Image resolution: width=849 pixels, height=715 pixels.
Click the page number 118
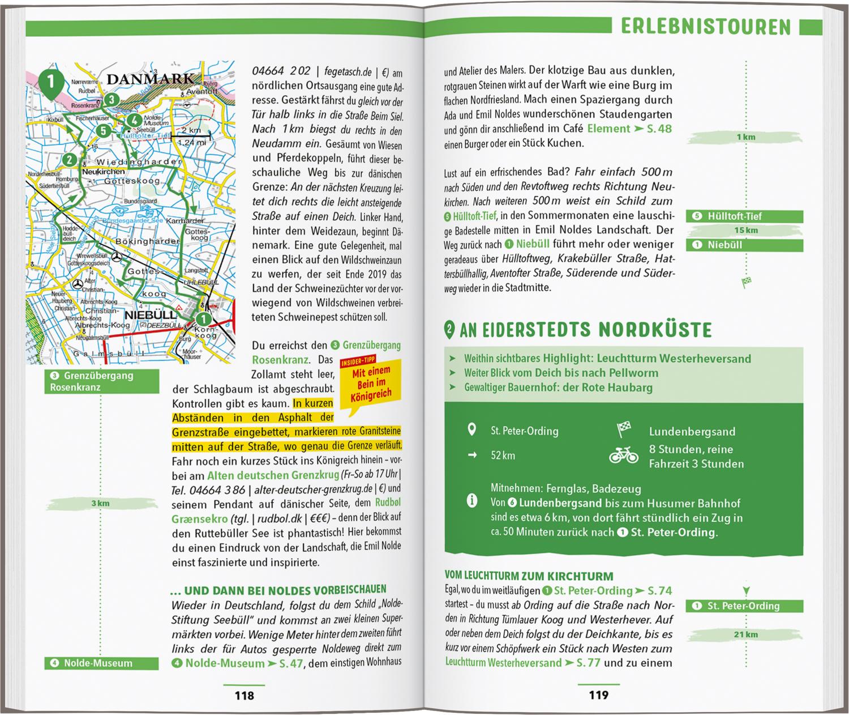point(245,695)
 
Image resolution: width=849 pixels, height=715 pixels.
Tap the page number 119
point(598,695)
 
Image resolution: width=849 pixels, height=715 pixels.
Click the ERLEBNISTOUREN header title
point(705,27)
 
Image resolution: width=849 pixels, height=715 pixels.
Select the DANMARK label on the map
point(150,79)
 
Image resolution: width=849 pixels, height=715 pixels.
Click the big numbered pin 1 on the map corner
point(50,83)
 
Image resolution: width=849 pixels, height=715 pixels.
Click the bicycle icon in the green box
point(623,456)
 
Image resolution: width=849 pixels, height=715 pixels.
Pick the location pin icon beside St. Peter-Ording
point(471,430)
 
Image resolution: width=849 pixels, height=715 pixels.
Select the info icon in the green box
point(471,501)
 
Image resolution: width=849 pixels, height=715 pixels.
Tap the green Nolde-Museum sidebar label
point(101,663)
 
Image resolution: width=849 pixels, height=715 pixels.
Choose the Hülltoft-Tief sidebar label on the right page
point(744,216)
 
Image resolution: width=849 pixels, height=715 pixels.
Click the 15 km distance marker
point(745,230)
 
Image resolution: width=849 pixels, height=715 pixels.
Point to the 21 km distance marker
point(745,634)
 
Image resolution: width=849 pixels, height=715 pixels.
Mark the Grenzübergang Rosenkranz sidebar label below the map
point(102,381)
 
